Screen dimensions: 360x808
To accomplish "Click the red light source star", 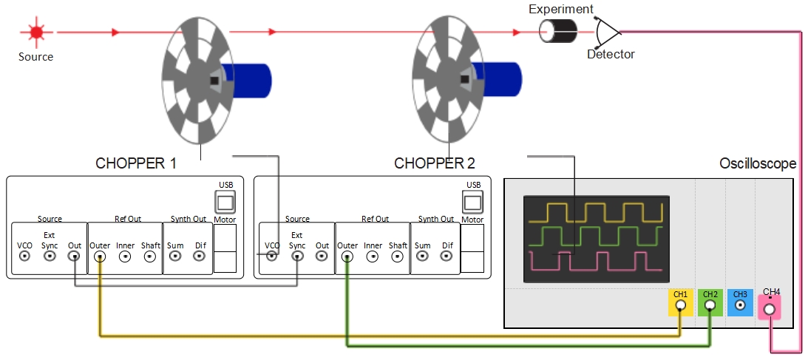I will click(x=35, y=33).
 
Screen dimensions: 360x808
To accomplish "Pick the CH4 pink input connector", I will click(x=769, y=309).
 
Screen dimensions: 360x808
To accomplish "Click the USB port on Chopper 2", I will click(x=472, y=202).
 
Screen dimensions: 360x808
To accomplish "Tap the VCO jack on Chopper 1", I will click(x=25, y=256).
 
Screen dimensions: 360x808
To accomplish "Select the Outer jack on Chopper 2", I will click(x=347, y=256).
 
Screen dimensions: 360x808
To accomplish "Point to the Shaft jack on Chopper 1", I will click(x=150, y=256).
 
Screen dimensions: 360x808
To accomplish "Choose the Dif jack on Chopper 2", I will click(x=447, y=256).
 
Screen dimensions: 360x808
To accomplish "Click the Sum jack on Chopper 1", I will click(x=175, y=256).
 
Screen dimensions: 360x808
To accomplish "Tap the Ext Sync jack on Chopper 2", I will click(x=297, y=256).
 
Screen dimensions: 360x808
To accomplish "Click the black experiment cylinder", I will click(x=558, y=32).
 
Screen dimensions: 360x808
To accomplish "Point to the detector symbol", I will click(x=607, y=32).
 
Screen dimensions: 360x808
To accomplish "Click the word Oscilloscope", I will click(x=758, y=163).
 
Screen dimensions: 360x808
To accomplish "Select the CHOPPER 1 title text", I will click(x=136, y=163).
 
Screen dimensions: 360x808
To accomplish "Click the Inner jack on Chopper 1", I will click(x=125, y=256).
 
